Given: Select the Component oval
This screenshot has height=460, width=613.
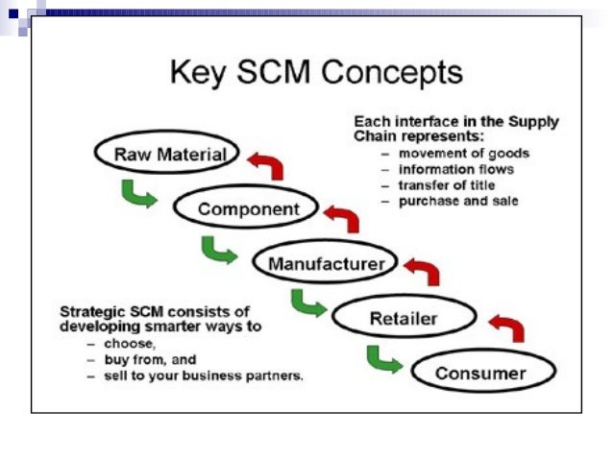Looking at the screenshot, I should pyautogui.click(x=249, y=208).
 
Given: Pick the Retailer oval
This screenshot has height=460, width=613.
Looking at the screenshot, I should pyautogui.click(x=403, y=317).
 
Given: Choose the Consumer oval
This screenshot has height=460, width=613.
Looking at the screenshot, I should pyautogui.click(x=481, y=373).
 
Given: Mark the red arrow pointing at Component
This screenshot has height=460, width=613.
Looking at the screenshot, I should pyautogui.click(x=341, y=217).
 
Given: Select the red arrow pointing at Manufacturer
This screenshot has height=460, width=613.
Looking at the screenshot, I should pyautogui.click(x=423, y=272).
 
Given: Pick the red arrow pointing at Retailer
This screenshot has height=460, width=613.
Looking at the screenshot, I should pyautogui.click(x=506, y=327).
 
